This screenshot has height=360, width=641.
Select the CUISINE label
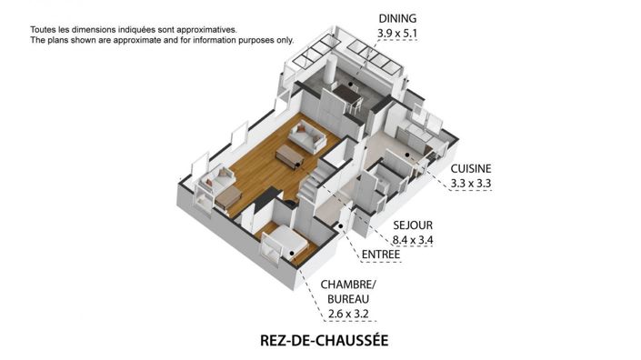click(x=471, y=168)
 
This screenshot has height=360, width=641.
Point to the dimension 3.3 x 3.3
click(x=471, y=184)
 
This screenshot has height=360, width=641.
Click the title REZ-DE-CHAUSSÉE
click(x=324, y=341)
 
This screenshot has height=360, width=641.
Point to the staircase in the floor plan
click(x=316, y=187)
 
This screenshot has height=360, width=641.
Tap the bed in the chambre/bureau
click(x=283, y=244)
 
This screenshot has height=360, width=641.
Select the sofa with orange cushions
click(x=219, y=181)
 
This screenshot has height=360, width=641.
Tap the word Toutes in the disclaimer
click(x=46, y=30)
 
